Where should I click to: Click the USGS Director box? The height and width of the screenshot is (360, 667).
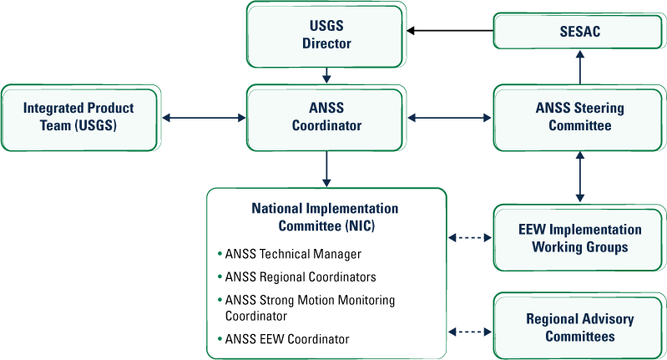pyautogui.click(x=326, y=35)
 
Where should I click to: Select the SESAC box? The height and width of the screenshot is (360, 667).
pyautogui.click(x=579, y=31)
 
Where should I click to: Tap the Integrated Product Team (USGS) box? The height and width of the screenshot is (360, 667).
pyautogui.click(x=78, y=117)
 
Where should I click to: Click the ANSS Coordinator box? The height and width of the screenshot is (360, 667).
pyautogui.click(x=326, y=117)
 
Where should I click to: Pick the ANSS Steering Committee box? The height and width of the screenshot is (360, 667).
pyautogui.click(x=579, y=117)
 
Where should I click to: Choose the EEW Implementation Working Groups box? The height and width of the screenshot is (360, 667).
pyautogui.click(x=579, y=237)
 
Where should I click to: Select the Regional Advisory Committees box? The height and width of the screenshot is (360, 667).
pyautogui.click(x=579, y=327)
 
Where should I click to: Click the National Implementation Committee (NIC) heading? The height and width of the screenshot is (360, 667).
pyautogui.click(x=325, y=216)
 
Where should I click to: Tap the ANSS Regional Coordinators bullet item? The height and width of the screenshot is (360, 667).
pyautogui.click(x=301, y=276)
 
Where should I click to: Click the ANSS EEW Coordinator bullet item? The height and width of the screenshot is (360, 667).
pyautogui.click(x=287, y=339)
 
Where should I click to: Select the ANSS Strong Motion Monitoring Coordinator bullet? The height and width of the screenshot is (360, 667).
pyautogui.click(x=310, y=307)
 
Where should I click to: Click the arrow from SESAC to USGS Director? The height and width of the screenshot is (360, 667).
pyautogui.click(x=450, y=31)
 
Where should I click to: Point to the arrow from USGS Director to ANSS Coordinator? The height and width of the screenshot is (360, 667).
pyautogui.click(x=326, y=74)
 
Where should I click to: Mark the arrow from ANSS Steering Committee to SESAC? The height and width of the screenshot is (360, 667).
pyautogui.click(x=579, y=66)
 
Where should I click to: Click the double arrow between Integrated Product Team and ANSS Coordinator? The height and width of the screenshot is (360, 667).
pyautogui.click(x=203, y=118)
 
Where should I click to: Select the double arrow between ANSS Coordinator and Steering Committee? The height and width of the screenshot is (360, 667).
pyautogui.click(x=450, y=118)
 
